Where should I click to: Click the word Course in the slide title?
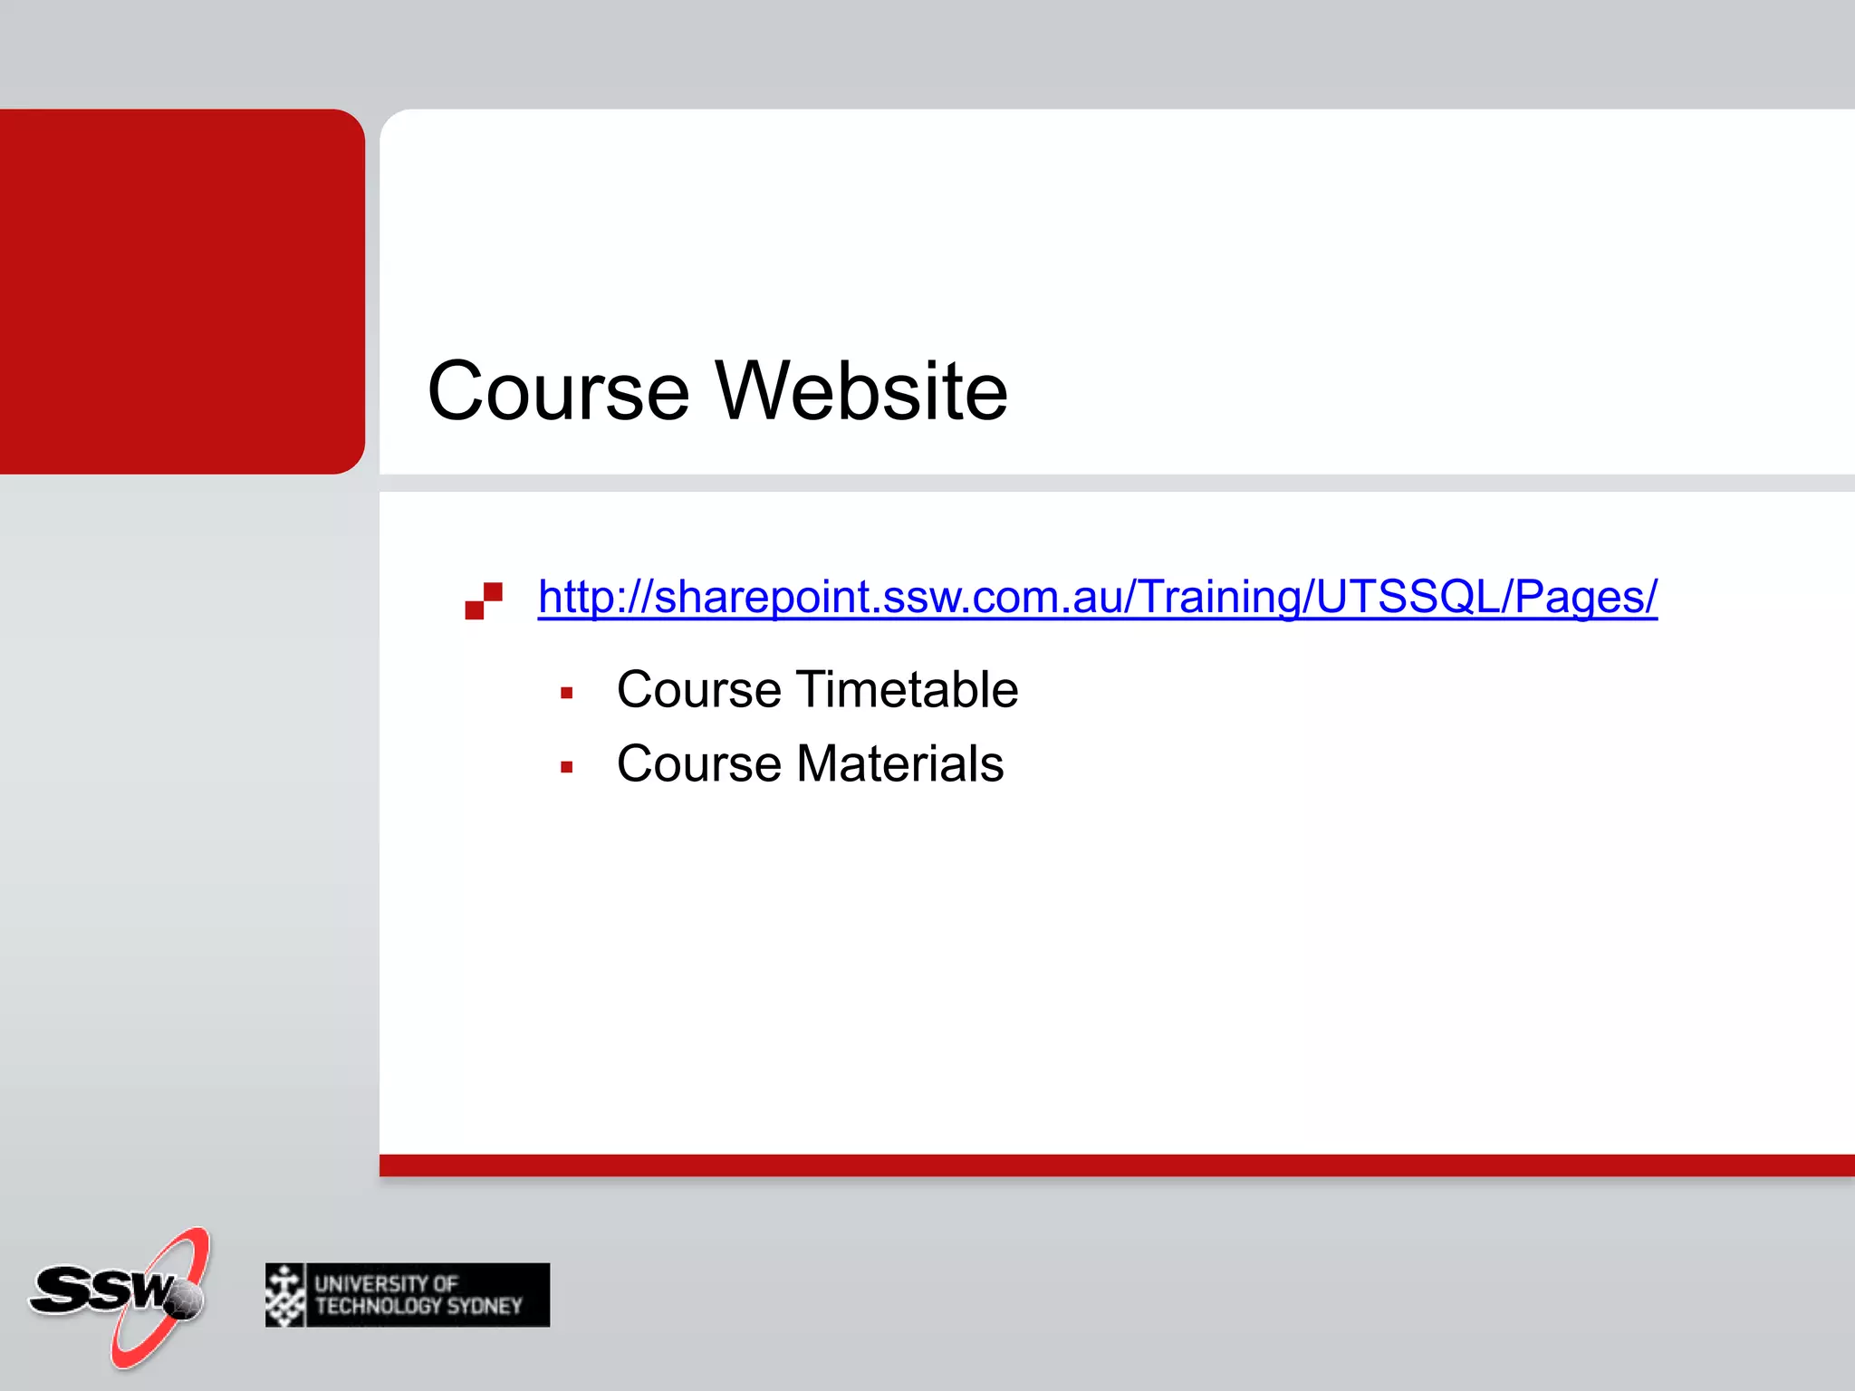558,391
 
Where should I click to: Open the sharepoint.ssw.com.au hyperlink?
1097,597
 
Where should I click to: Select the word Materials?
899,763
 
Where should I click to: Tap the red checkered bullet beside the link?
484,601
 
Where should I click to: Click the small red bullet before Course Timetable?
567,694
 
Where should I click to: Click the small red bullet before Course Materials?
567,768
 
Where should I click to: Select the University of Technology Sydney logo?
408,1295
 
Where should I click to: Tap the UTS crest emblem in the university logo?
285,1295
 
